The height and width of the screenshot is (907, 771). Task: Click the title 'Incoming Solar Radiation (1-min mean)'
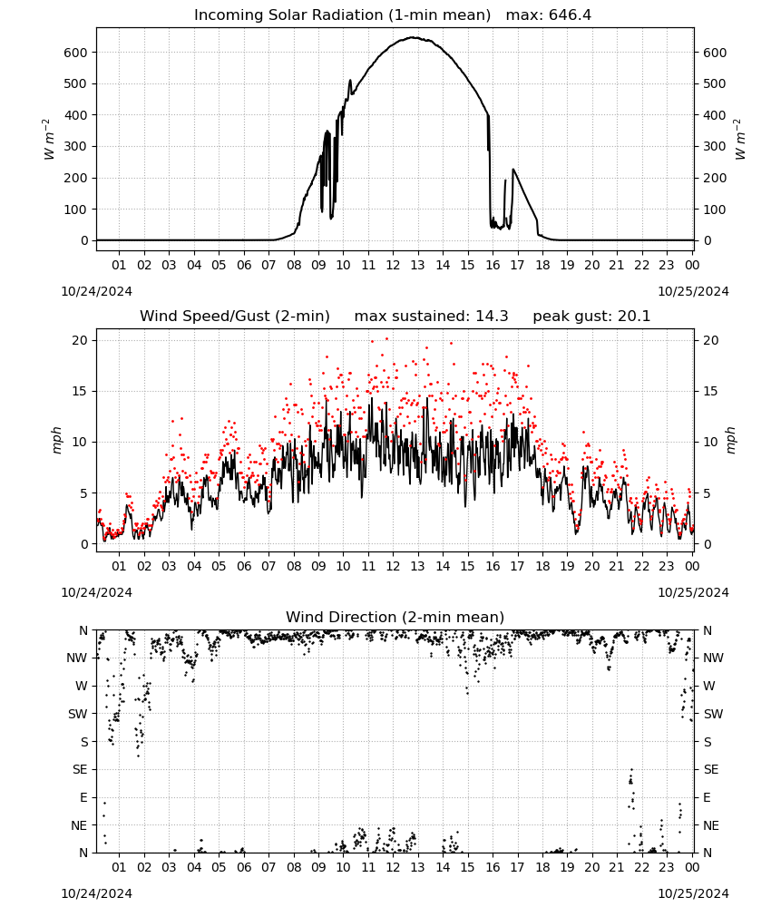click(x=342, y=15)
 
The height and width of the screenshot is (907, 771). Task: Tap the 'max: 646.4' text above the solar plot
click(x=549, y=15)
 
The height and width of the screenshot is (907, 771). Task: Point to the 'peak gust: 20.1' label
click(x=591, y=317)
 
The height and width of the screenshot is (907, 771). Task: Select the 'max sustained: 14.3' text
click(x=431, y=317)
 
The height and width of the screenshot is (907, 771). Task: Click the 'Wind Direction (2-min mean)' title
click(x=395, y=617)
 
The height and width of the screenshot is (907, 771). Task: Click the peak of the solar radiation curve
click(x=413, y=37)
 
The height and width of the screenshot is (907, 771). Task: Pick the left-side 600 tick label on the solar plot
click(x=76, y=53)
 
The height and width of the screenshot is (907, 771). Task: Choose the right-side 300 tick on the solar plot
click(x=715, y=147)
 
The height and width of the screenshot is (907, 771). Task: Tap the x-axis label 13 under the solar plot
click(x=417, y=265)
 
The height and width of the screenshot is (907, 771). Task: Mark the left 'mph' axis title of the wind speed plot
click(x=56, y=441)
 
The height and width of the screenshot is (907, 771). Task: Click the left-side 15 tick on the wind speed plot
click(x=80, y=392)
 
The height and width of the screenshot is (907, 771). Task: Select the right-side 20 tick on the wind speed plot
click(x=711, y=341)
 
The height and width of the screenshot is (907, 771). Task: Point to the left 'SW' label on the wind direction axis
click(x=77, y=715)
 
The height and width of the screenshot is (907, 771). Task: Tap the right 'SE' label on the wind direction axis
click(x=711, y=770)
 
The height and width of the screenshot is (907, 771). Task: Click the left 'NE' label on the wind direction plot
click(x=79, y=825)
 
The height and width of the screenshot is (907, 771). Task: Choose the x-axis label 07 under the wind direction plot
click(x=268, y=868)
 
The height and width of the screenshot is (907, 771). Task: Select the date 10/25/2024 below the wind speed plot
click(x=693, y=592)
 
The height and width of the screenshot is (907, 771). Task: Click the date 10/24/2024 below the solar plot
click(x=96, y=291)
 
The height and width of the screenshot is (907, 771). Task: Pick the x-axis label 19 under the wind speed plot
click(x=567, y=566)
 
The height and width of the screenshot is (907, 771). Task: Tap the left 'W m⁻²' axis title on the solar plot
click(x=49, y=140)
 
